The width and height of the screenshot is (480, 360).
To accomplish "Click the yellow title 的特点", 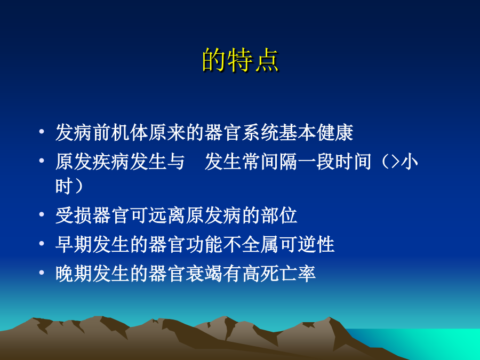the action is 241,60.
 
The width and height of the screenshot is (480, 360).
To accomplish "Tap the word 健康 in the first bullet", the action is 335,133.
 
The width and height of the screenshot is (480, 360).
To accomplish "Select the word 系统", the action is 260,133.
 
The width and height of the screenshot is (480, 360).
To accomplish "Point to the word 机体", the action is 130,133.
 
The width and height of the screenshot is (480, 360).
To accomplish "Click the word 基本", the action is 298,133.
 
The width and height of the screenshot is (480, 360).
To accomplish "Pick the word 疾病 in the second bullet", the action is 111,162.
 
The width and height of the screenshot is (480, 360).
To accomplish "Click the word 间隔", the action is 279,162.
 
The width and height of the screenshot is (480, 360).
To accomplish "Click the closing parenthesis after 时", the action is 78,186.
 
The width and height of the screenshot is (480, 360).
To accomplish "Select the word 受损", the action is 74,215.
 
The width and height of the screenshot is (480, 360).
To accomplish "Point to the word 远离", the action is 167,215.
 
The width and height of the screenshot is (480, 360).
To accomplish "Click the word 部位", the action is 279,215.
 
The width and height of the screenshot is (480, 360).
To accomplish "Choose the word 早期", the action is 74,244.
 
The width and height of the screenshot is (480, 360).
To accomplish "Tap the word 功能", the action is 204,244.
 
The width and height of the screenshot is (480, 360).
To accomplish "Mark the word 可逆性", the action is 307,244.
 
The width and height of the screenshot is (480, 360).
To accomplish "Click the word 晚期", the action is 74,273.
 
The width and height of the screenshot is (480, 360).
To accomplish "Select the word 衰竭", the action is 204,273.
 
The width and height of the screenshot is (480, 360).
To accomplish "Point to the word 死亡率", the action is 289,273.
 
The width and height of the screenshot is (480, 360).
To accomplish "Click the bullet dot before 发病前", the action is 42,132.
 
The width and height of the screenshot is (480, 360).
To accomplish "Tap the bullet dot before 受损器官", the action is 42,214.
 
